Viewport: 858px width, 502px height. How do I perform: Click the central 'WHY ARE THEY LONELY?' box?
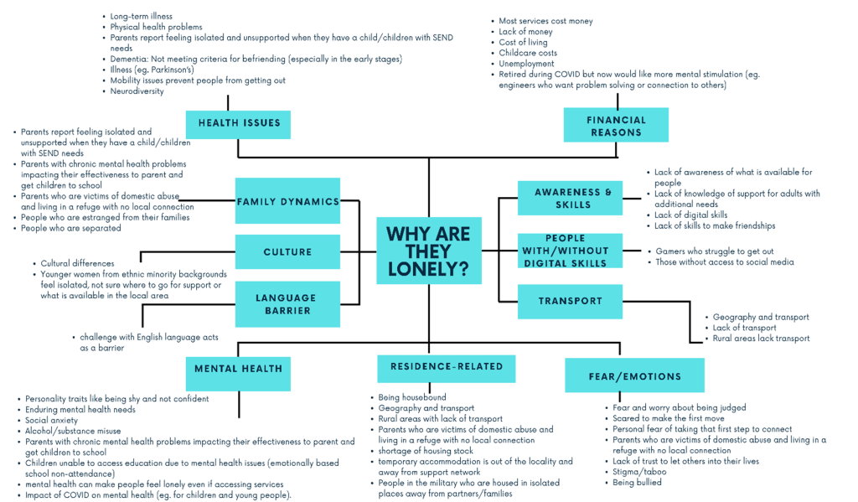click(x=429, y=251)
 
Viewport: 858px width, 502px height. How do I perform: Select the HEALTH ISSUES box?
click(x=238, y=124)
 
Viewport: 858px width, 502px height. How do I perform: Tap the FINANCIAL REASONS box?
click(x=616, y=125)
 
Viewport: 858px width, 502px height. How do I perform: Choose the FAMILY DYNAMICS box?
click(x=288, y=201)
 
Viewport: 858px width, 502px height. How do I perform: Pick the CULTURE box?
click(x=288, y=251)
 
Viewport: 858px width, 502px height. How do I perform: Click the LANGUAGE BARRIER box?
click(x=288, y=304)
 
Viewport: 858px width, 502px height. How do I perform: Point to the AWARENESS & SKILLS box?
click(x=570, y=198)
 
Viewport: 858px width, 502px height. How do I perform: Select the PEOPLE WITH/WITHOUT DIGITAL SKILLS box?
click(x=570, y=251)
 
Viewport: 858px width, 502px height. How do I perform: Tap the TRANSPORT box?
click(x=570, y=301)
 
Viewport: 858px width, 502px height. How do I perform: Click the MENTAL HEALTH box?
click(x=238, y=374)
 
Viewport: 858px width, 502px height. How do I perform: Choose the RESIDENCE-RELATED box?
click(x=447, y=369)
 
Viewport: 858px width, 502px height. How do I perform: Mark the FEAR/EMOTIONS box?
click(x=635, y=375)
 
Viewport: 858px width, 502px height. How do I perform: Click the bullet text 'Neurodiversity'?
click(x=137, y=91)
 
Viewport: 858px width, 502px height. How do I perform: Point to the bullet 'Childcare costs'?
click(x=528, y=53)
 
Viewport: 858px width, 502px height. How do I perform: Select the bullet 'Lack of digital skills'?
click(x=691, y=215)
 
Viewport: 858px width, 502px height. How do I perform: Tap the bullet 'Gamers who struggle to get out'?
click(x=715, y=251)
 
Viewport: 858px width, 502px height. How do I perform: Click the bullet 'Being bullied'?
click(x=637, y=482)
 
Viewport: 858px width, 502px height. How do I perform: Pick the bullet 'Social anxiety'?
click(x=51, y=421)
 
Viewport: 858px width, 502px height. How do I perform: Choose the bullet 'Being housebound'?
click(x=412, y=397)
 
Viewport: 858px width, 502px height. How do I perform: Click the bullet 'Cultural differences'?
click(x=77, y=263)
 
